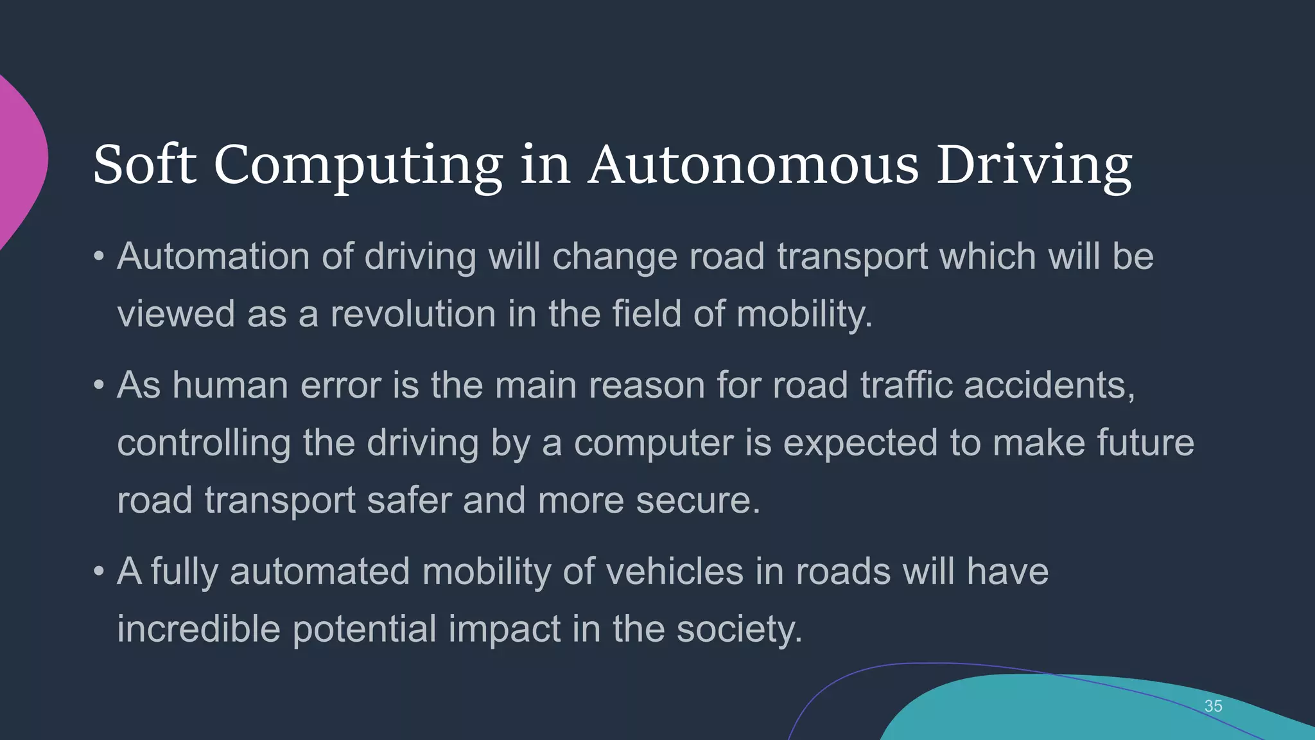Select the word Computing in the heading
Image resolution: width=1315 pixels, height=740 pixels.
358,166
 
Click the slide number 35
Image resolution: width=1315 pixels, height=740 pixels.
1213,706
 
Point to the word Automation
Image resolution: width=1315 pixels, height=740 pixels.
213,256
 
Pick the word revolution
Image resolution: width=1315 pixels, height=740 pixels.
413,314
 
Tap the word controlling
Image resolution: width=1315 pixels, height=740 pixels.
204,443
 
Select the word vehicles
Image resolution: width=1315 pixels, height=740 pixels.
674,571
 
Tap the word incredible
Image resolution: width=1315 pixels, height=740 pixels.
198,629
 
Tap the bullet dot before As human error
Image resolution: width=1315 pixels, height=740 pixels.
98,386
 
